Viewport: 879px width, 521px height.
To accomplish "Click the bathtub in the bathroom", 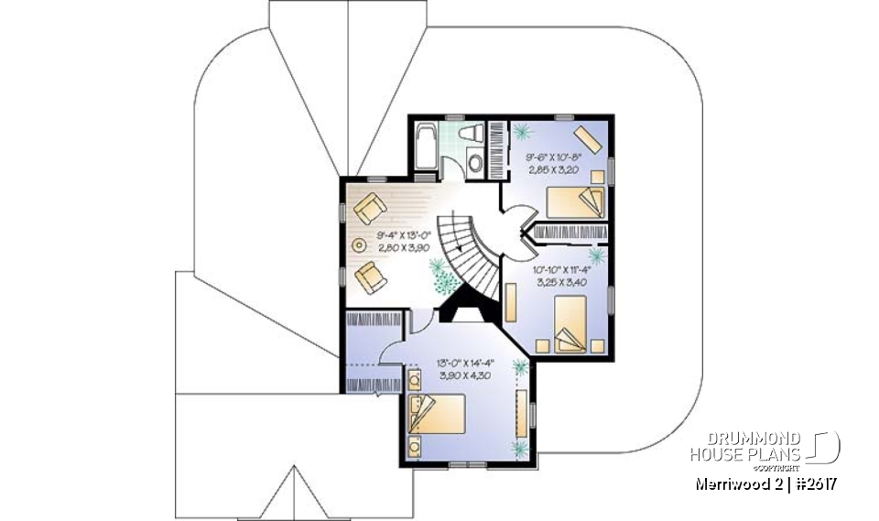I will tap(424, 147).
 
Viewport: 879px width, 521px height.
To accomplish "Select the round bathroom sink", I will tap(475, 165).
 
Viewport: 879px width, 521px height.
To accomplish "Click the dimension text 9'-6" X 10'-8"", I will tap(554, 157).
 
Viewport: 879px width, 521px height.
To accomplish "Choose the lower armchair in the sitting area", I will tap(371, 276).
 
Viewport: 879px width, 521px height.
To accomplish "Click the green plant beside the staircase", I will tap(441, 273).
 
